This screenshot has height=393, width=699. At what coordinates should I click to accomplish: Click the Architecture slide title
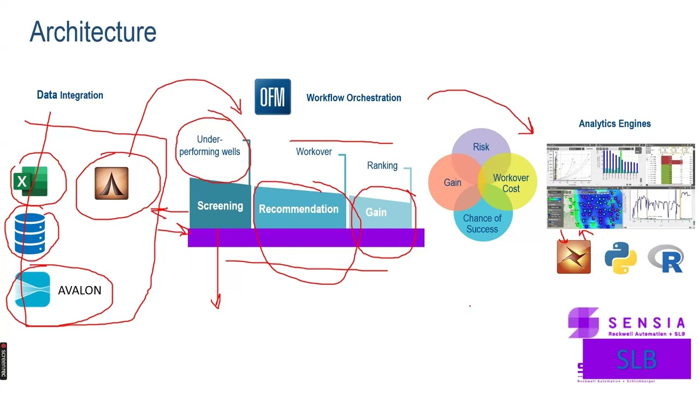[93, 32]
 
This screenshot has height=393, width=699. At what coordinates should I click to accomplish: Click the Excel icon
[30, 182]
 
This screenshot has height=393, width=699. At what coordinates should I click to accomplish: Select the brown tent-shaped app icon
[111, 183]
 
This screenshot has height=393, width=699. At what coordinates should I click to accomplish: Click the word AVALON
[79, 290]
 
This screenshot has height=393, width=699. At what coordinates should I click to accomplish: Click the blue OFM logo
[273, 97]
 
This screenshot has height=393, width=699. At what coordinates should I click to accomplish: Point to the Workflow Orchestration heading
[353, 98]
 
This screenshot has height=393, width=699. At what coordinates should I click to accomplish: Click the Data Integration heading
[70, 95]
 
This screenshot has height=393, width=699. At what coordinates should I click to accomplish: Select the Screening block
[220, 206]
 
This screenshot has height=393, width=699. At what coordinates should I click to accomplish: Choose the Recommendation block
[299, 209]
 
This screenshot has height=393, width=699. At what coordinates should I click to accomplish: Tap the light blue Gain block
[376, 212]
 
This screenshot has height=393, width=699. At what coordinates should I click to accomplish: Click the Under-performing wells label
[210, 146]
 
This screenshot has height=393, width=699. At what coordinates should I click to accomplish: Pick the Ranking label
[382, 165]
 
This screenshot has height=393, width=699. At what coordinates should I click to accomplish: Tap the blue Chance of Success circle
[482, 224]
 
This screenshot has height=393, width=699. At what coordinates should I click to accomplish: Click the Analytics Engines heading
[614, 124]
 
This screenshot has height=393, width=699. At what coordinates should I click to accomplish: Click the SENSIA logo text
[646, 324]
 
